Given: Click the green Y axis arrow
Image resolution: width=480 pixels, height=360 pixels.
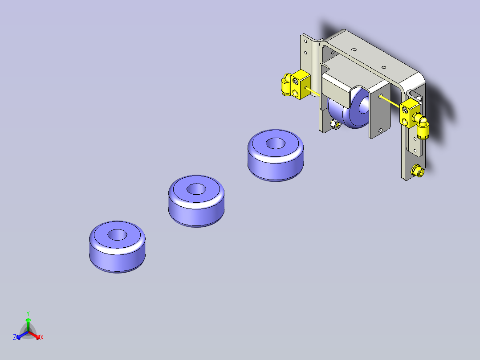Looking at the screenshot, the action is click(x=28, y=324).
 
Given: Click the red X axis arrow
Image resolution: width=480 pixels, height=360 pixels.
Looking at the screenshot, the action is click(x=34, y=335).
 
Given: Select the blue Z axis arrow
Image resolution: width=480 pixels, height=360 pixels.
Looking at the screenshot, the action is click(x=22, y=335).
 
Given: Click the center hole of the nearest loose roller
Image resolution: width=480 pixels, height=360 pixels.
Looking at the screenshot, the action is click(x=117, y=235).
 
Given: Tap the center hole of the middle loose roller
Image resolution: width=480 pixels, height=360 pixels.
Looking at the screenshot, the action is click(x=196, y=189).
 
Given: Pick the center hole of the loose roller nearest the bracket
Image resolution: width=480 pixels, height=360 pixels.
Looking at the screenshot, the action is click(x=276, y=143).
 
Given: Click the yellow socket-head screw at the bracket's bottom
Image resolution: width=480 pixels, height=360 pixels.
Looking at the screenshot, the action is click(x=418, y=171).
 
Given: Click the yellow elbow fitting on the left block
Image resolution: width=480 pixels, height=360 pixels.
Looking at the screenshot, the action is click(x=287, y=85).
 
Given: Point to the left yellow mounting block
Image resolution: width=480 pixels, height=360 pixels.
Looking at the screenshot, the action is click(x=300, y=84).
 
